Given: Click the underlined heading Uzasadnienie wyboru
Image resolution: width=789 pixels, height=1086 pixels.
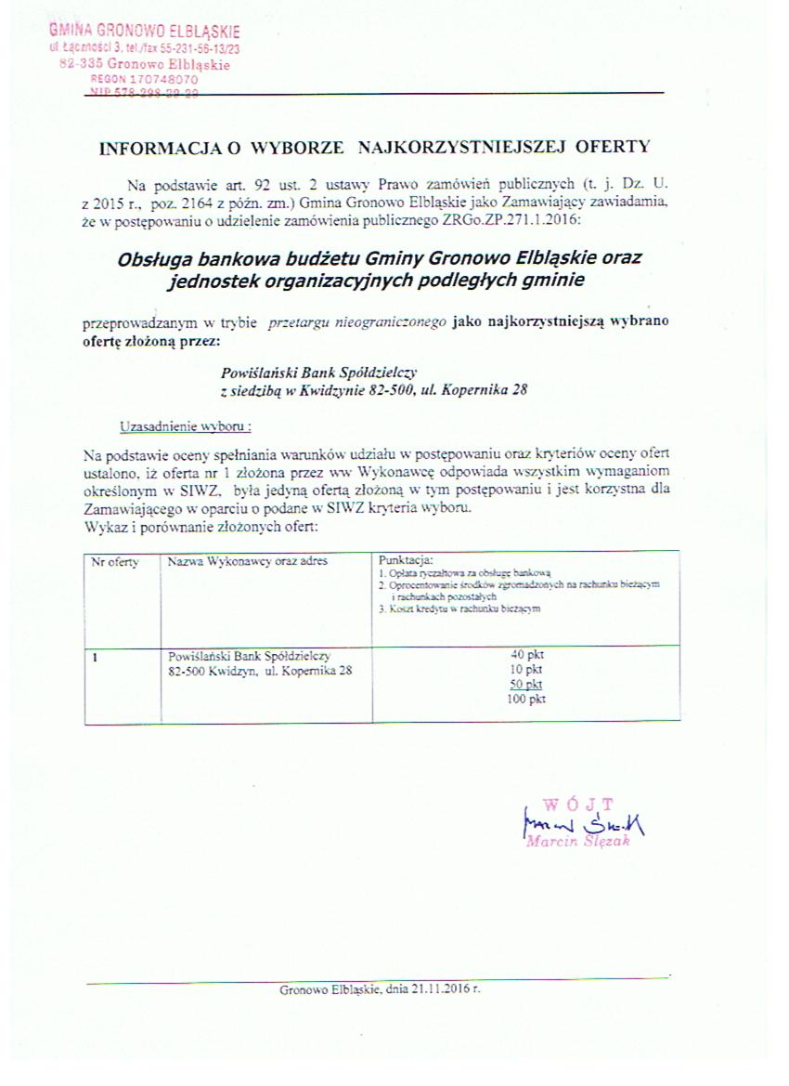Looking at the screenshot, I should point(186,426).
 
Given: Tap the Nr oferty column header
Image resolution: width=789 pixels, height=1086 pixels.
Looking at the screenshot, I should point(115,562).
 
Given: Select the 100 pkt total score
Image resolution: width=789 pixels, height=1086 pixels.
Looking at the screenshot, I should point(526,699).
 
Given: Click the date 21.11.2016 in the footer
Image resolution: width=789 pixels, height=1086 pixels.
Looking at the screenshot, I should point(443,989).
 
